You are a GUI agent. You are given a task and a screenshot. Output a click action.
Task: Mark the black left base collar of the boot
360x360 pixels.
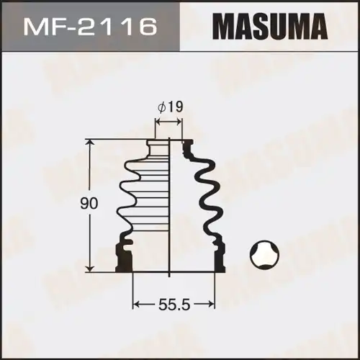[x=125, y=255]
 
